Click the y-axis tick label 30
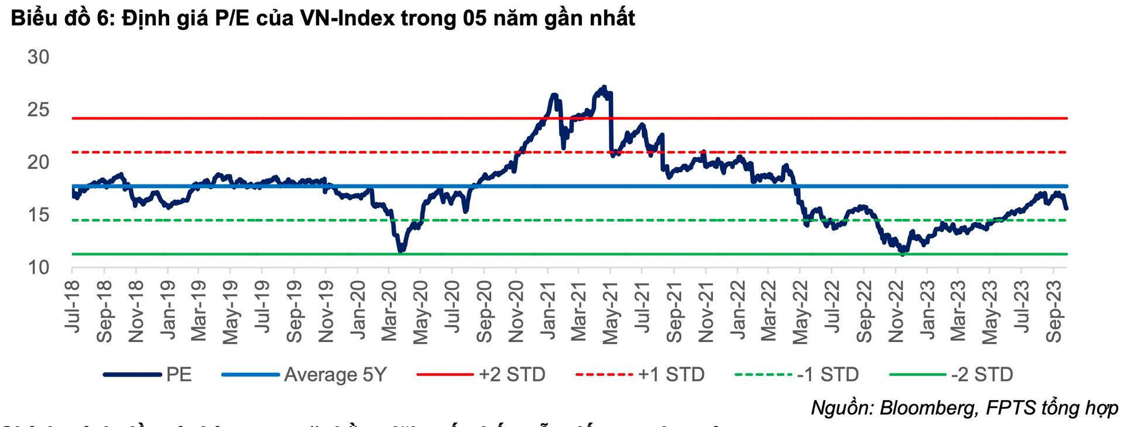click(39, 57)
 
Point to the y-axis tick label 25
click(39, 110)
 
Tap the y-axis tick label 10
click(39, 268)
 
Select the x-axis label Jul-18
click(73, 306)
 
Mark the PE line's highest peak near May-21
click(604, 87)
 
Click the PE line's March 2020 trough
click(401, 251)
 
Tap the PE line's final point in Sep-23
click(1066, 208)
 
